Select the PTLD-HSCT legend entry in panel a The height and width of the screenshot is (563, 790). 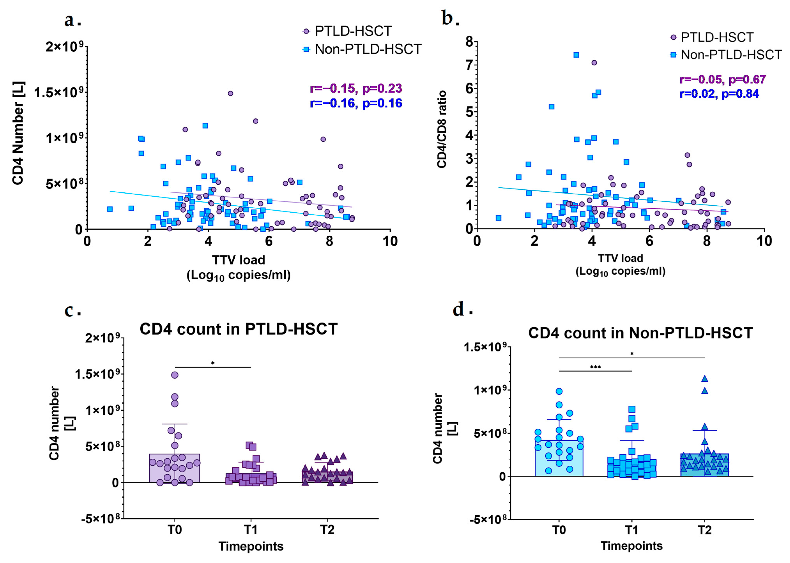point(353,31)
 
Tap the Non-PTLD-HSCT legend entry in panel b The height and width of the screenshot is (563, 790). point(731,55)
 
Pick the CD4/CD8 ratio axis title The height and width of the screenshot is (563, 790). point(441,129)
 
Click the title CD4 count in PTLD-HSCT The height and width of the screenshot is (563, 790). point(239,329)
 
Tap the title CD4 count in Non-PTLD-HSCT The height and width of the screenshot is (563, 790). point(640,333)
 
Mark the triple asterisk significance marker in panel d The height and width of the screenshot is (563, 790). point(595,367)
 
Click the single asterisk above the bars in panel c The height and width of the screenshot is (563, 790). point(213,363)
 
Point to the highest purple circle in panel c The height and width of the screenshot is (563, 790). point(175,375)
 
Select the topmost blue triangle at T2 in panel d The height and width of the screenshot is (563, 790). point(704,379)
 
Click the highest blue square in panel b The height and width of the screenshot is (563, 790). point(576,55)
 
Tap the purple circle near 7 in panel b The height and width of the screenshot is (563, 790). point(594,63)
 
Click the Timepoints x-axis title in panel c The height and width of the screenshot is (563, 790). point(251,546)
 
